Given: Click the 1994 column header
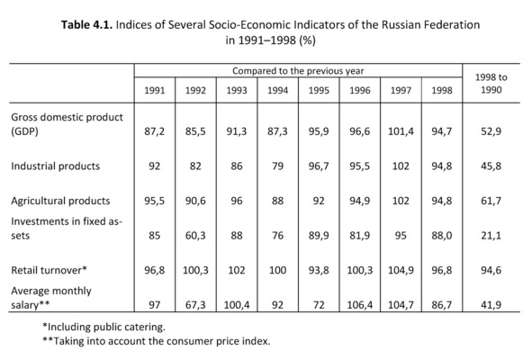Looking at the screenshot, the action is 277,90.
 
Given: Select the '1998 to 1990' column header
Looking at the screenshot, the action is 491,84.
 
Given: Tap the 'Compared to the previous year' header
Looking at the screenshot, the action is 298,71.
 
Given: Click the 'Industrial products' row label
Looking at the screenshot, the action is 55,166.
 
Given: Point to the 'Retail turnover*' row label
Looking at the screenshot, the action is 49,270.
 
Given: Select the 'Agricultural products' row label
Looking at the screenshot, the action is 60,201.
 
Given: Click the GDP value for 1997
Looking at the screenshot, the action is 401,131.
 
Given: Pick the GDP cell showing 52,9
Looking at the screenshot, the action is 491,131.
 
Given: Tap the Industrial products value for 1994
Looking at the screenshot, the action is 277,166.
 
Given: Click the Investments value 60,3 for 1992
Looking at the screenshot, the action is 195,236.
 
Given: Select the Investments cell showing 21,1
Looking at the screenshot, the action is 491,236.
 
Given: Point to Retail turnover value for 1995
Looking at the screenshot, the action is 319,270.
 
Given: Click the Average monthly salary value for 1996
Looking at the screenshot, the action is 360,305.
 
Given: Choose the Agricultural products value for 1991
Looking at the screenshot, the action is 154,201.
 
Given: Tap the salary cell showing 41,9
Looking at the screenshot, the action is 491,305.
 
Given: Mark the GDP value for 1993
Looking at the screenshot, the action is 237,131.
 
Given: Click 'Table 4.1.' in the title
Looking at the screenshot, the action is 86,25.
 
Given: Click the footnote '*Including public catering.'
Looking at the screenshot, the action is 104,327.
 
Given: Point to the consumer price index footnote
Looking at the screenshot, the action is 157,341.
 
